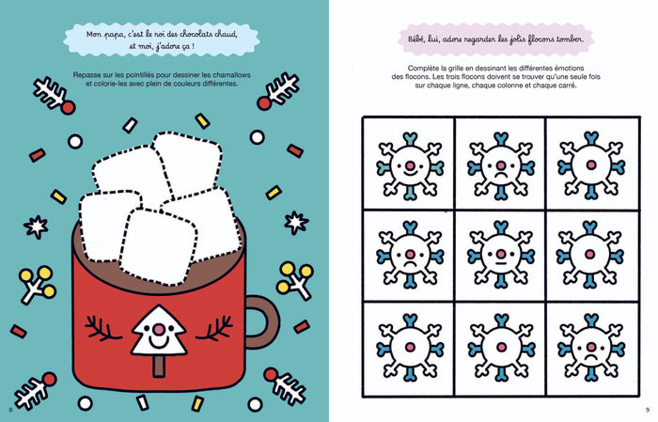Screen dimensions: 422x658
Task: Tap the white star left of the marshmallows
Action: click(36, 227)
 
